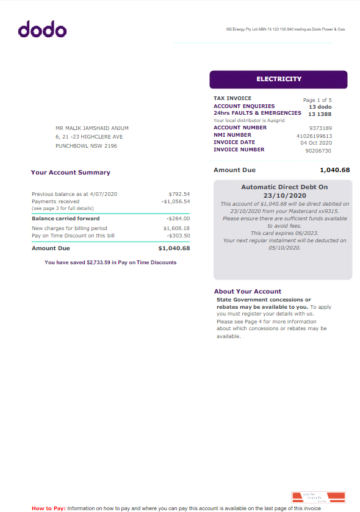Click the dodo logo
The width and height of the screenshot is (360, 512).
click(x=42, y=29)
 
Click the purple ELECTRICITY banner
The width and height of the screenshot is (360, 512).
click(x=278, y=79)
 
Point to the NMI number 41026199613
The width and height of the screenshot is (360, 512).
click(x=314, y=135)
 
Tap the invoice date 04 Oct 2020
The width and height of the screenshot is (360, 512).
click(x=316, y=143)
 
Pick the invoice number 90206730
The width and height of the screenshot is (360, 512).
click(x=318, y=150)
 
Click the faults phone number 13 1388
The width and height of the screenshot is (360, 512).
click(x=320, y=114)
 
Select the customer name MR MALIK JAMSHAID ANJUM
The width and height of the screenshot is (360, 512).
click(x=92, y=128)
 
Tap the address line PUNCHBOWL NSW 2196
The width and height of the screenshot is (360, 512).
click(x=86, y=146)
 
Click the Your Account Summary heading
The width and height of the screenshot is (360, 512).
click(x=71, y=173)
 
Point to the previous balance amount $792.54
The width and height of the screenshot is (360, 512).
click(x=179, y=194)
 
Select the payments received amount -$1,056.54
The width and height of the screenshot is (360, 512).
click(x=176, y=201)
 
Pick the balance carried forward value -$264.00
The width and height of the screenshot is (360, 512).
click(x=178, y=218)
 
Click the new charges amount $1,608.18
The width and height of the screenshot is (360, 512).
click(x=177, y=228)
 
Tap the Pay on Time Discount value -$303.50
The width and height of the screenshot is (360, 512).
click(x=178, y=235)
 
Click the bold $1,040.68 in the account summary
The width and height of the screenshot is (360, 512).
click(x=174, y=248)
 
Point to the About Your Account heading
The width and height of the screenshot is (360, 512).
click(x=248, y=291)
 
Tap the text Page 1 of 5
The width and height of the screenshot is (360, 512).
click(x=317, y=99)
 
